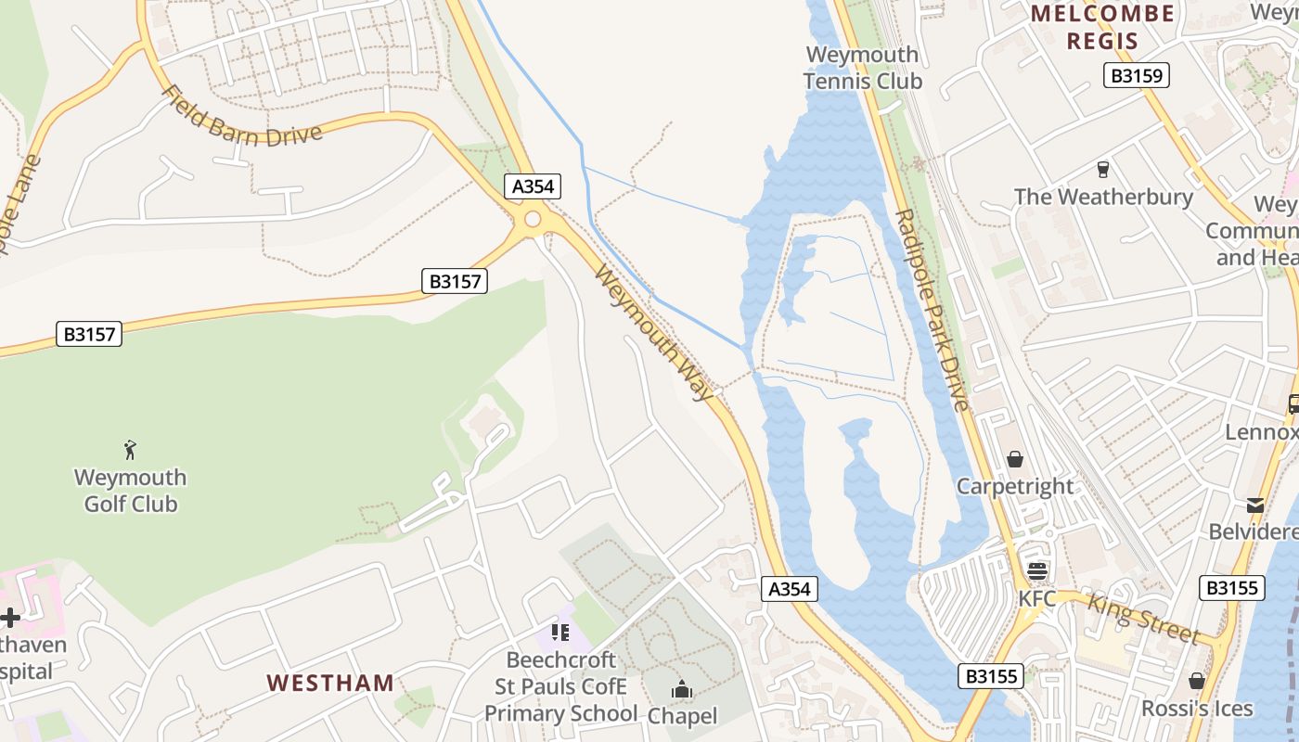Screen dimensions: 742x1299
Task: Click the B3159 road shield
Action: (x=1136, y=75)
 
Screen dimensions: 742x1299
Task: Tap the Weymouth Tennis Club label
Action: (x=863, y=68)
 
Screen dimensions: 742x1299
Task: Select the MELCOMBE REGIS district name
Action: (x=1102, y=27)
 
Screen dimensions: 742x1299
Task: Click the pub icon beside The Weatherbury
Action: (x=1102, y=169)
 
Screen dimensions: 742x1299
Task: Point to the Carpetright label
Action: (x=1015, y=486)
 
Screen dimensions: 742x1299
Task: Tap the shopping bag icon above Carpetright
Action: (x=1015, y=459)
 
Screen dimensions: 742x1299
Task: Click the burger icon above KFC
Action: (x=1036, y=571)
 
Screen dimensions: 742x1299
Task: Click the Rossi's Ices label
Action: (x=1197, y=709)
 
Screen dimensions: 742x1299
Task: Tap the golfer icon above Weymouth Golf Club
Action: (x=130, y=451)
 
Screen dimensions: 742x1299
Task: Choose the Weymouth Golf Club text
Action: (x=130, y=491)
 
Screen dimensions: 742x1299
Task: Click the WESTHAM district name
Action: (x=330, y=684)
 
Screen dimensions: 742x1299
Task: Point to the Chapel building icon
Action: (x=682, y=689)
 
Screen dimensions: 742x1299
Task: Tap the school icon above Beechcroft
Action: (x=559, y=633)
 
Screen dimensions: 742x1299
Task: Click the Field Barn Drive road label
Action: (x=241, y=119)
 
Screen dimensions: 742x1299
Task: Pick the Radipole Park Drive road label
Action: (x=931, y=309)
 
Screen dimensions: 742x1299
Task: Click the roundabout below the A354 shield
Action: (x=533, y=220)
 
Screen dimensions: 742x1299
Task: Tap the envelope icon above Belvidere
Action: (x=1254, y=505)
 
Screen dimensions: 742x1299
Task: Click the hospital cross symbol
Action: (x=10, y=618)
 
